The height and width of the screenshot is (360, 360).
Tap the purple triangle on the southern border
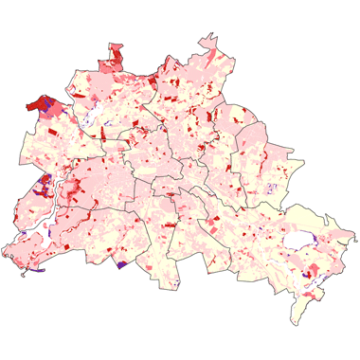[121, 264]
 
